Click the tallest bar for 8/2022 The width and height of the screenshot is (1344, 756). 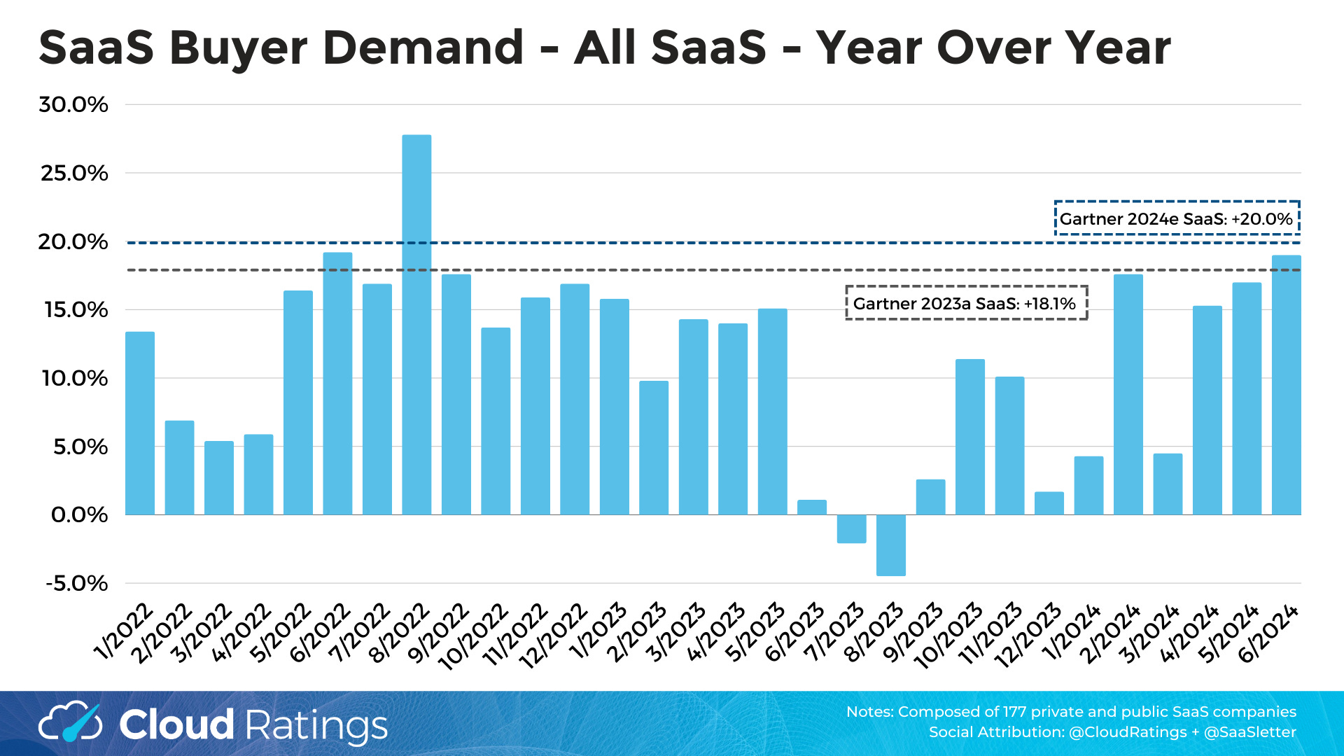[416, 325]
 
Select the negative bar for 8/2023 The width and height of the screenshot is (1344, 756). [891, 545]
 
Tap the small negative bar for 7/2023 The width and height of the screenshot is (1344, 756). [851, 528]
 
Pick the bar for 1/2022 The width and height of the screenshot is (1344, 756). [140, 423]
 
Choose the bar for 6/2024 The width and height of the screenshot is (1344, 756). [1286, 385]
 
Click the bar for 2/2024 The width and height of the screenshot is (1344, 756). [1128, 395]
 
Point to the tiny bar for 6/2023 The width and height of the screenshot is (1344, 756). [812, 507]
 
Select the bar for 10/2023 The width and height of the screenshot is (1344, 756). [970, 437]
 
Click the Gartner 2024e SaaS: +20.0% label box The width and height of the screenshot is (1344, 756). [1176, 218]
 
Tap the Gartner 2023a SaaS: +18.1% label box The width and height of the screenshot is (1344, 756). [965, 303]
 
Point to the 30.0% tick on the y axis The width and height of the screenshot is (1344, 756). [73, 105]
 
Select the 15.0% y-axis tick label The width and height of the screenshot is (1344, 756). [76, 310]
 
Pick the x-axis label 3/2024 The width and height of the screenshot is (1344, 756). [1149, 633]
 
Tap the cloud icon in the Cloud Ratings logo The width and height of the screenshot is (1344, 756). [70, 723]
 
